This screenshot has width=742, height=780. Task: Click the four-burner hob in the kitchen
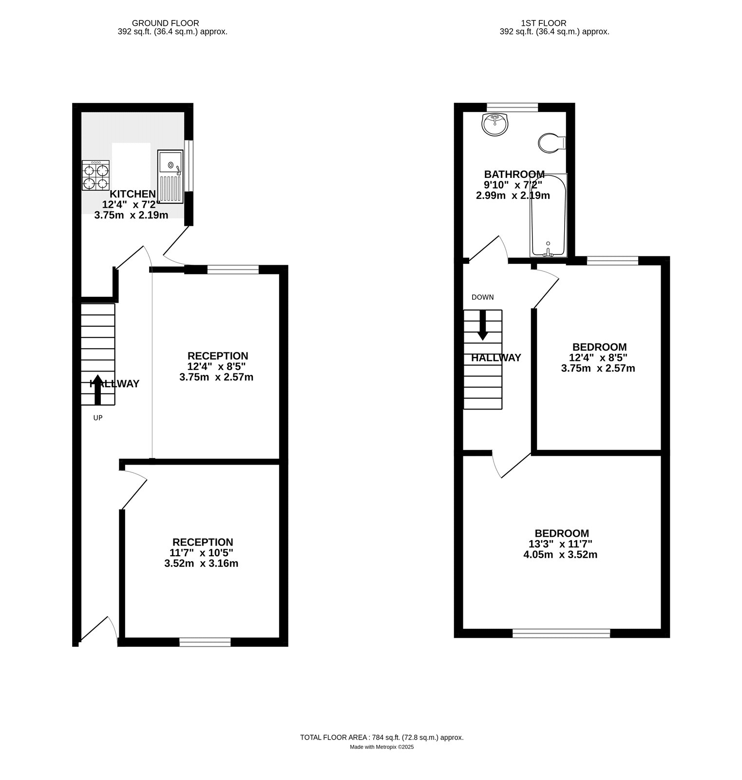point(95,175)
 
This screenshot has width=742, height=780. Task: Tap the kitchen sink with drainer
point(170,176)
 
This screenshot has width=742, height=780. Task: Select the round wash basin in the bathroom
point(495,124)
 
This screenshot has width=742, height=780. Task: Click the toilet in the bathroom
point(552,143)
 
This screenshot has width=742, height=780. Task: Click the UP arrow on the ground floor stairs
point(97,390)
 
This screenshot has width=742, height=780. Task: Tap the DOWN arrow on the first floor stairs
point(482,325)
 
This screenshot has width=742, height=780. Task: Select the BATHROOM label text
point(514,174)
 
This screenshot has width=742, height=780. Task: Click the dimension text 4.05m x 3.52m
point(563,555)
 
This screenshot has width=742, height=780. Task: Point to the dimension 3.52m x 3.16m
point(201,564)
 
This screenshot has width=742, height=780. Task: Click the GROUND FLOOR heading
point(166,23)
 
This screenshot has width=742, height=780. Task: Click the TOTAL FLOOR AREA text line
point(381,738)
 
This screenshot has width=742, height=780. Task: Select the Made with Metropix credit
point(381,747)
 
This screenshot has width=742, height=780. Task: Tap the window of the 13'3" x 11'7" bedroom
point(561,633)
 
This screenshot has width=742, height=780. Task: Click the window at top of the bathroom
point(513,107)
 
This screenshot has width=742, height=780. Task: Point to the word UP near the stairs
point(98,418)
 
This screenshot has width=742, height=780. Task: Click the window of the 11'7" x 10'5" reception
point(205,642)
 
